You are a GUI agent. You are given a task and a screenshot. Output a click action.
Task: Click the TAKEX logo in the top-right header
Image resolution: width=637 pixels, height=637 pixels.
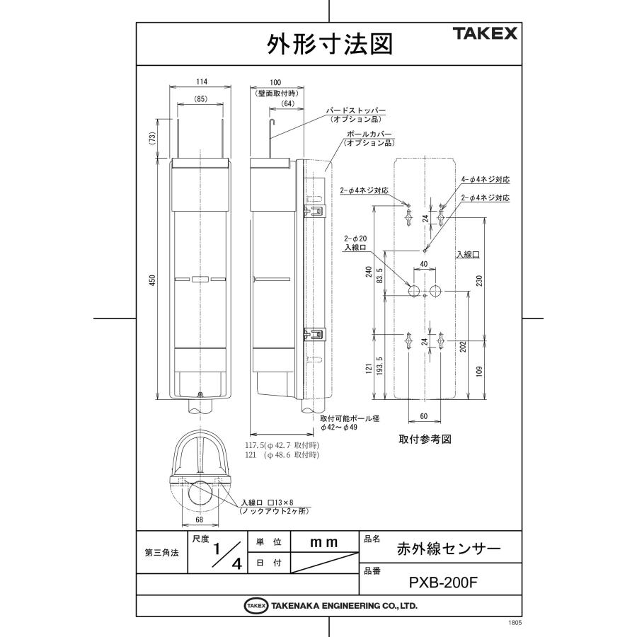tap(485, 33)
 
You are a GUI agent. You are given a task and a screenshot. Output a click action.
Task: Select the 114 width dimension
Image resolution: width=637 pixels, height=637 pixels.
tap(201, 82)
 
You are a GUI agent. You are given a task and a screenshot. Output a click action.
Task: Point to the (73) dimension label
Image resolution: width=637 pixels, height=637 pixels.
tap(151, 139)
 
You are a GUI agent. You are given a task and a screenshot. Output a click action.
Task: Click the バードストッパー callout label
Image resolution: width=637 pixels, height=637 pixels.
tap(355, 112)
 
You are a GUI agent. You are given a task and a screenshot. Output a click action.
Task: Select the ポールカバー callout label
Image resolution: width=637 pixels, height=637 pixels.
tap(368, 134)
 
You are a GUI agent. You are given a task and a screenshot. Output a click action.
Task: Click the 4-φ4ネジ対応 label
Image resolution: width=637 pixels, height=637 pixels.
tap(485, 180)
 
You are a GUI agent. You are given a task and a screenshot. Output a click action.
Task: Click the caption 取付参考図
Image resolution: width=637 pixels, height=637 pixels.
tap(425, 439)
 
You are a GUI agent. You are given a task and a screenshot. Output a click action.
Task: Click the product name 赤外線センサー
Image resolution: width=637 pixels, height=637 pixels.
tap(449, 549)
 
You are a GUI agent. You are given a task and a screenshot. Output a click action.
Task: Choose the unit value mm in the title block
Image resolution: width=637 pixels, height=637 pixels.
tap(324, 541)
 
